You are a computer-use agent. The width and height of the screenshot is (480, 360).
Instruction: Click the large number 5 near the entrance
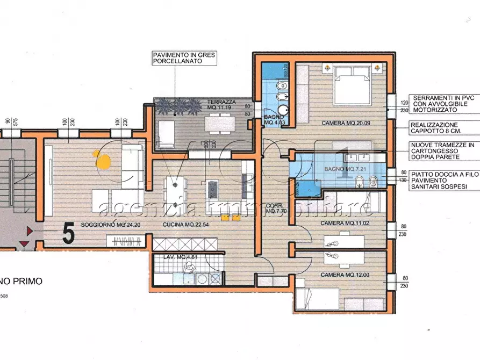click(x=68, y=233)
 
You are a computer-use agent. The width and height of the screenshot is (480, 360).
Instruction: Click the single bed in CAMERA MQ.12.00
click(x=317, y=298)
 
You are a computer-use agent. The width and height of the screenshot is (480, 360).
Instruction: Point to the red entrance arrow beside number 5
click(x=30, y=231)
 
